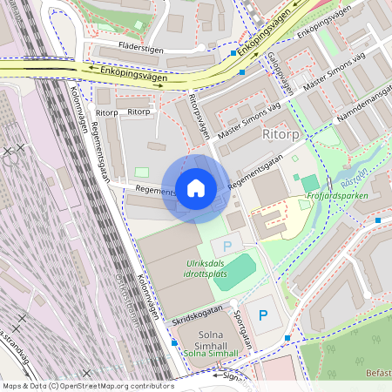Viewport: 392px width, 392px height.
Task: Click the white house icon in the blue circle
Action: coord(196,188)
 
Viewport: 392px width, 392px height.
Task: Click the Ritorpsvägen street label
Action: coord(199,117)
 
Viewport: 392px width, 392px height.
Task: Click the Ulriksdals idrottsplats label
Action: coord(207,268)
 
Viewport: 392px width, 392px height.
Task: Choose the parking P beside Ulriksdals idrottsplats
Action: coord(227,247)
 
